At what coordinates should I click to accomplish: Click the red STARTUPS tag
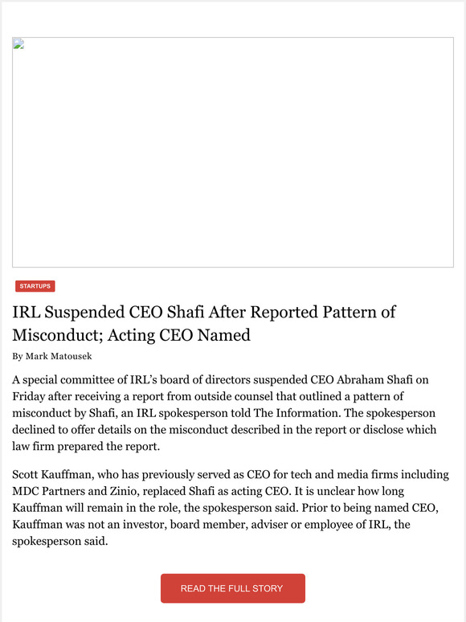35,286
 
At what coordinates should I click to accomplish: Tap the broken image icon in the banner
18,43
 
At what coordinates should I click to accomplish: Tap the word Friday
32,396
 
